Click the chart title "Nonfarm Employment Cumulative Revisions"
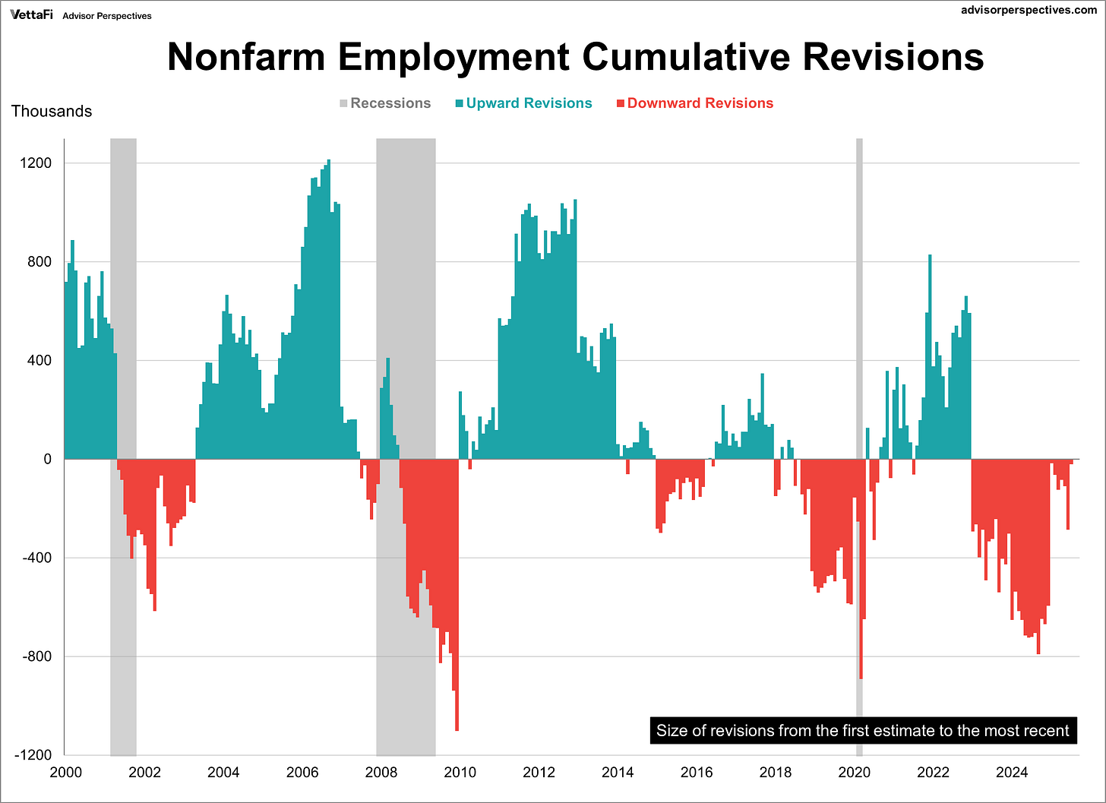(575, 57)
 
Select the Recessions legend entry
(384, 103)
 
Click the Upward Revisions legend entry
(523, 103)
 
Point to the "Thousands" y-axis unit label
(52, 111)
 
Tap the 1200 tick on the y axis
(36, 163)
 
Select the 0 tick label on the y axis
(47, 459)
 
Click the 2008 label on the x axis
(381, 773)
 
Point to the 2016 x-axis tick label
(697, 773)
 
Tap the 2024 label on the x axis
(1012, 773)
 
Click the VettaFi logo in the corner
(31, 15)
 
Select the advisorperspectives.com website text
(1029, 11)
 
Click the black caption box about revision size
(862, 731)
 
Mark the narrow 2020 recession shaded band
(859, 304)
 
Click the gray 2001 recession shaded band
(123, 304)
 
